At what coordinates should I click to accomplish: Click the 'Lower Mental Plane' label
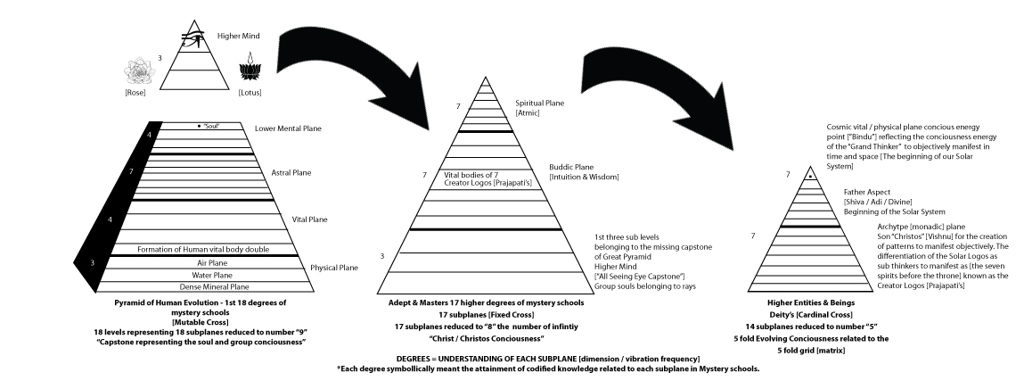pyautogui.click(x=287, y=129)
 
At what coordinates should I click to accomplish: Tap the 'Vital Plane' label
pyautogui.click(x=310, y=219)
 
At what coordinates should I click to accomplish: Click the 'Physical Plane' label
pyautogui.click(x=334, y=267)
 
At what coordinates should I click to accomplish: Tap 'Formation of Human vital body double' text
pyautogui.click(x=203, y=248)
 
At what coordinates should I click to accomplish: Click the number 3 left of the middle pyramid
pyautogui.click(x=381, y=257)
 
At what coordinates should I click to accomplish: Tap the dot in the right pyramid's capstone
pyautogui.click(x=810, y=177)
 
